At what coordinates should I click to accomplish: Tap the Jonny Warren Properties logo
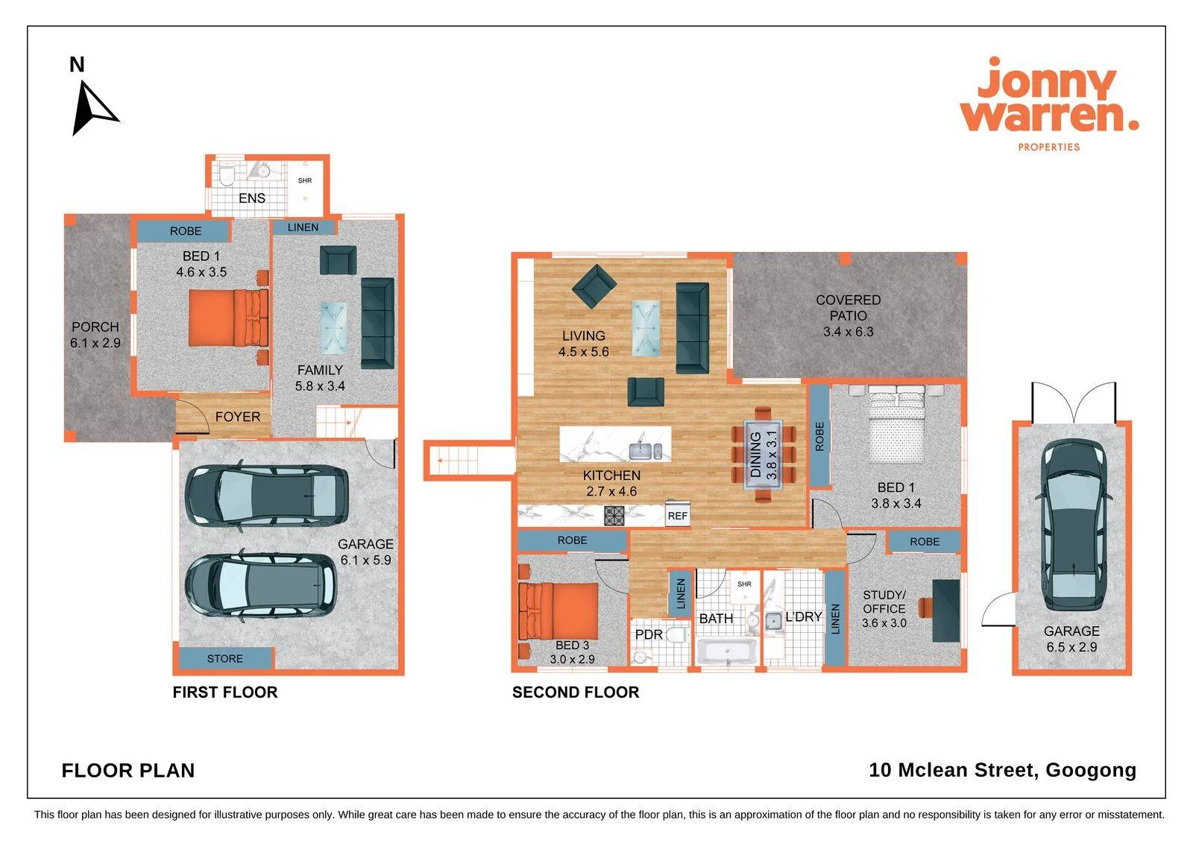pos(1049,104)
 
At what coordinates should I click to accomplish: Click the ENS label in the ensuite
pos(252,198)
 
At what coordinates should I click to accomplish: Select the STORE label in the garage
pos(224,659)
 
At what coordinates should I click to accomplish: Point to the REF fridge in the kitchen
pos(678,514)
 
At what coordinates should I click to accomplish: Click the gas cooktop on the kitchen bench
pos(614,516)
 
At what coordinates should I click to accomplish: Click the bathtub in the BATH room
pos(727,652)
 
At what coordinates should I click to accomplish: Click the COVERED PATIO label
pos(849,308)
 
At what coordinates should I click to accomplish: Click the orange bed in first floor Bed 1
pos(228,318)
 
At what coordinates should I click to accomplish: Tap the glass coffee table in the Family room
pos(333,327)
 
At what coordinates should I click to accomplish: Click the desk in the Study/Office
pos(946,610)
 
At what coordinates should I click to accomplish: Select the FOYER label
pos(238,417)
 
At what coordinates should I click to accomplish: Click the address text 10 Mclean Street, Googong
pos(1003,770)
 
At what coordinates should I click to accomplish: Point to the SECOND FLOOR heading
pos(576,692)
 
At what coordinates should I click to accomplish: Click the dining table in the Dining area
pos(764,454)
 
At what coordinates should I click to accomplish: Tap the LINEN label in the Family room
pos(303,227)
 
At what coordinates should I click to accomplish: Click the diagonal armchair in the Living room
pos(594,286)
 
